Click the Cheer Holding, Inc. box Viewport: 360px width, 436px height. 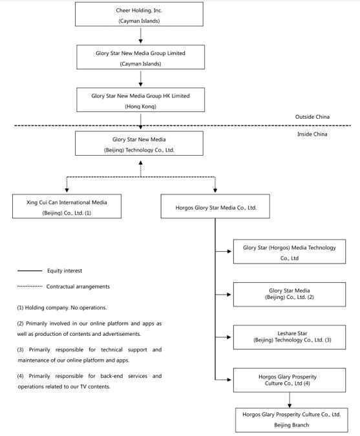(139, 14)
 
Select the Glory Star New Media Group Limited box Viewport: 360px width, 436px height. (140, 57)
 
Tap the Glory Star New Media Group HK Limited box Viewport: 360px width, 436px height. (140, 100)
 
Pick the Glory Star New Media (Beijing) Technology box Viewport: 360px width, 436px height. (139, 143)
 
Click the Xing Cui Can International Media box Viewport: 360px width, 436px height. (67, 206)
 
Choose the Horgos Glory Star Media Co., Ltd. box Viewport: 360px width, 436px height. (215, 206)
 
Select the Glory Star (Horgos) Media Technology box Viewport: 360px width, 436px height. (290, 251)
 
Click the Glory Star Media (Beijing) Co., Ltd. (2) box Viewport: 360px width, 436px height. (290, 295)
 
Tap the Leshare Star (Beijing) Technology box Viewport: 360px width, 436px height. (290, 337)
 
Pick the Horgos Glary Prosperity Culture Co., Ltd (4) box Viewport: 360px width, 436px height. (290, 380)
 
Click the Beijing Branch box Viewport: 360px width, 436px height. (291, 420)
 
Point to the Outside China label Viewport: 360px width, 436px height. (312, 117)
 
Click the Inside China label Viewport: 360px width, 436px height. (312, 134)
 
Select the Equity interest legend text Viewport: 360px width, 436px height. (65, 271)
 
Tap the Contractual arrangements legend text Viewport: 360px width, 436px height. (78, 286)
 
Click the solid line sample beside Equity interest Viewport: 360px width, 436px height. (30, 271)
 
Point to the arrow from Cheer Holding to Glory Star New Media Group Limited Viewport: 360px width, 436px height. (140, 36)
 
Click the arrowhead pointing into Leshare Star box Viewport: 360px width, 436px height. (229, 337)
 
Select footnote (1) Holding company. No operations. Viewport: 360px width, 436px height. (62, 307)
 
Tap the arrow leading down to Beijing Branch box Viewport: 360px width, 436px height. (290, 400)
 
